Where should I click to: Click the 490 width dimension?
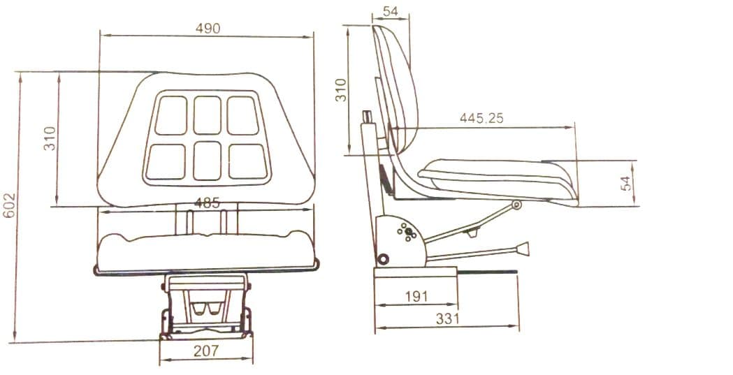point(208,29)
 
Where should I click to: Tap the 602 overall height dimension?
point(8,207)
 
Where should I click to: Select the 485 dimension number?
point(208,204)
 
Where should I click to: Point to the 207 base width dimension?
point(207,351)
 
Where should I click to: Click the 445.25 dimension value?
point(481,119)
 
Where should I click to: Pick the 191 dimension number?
point(416,296)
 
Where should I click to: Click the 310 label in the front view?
point(50,138)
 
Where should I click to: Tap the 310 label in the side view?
point(341,90)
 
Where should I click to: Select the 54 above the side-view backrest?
point(391,12)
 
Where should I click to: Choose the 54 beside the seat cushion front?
point(625,183)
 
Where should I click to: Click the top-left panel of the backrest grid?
point(171,115)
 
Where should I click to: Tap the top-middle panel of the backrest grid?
point(208,115)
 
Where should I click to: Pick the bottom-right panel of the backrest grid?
point(247,161)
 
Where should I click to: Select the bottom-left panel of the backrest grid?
point(166,161)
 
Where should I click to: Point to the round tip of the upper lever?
point(516,205)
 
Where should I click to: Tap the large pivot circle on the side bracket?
point(382,260)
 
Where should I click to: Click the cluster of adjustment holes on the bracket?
point(407,233)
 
